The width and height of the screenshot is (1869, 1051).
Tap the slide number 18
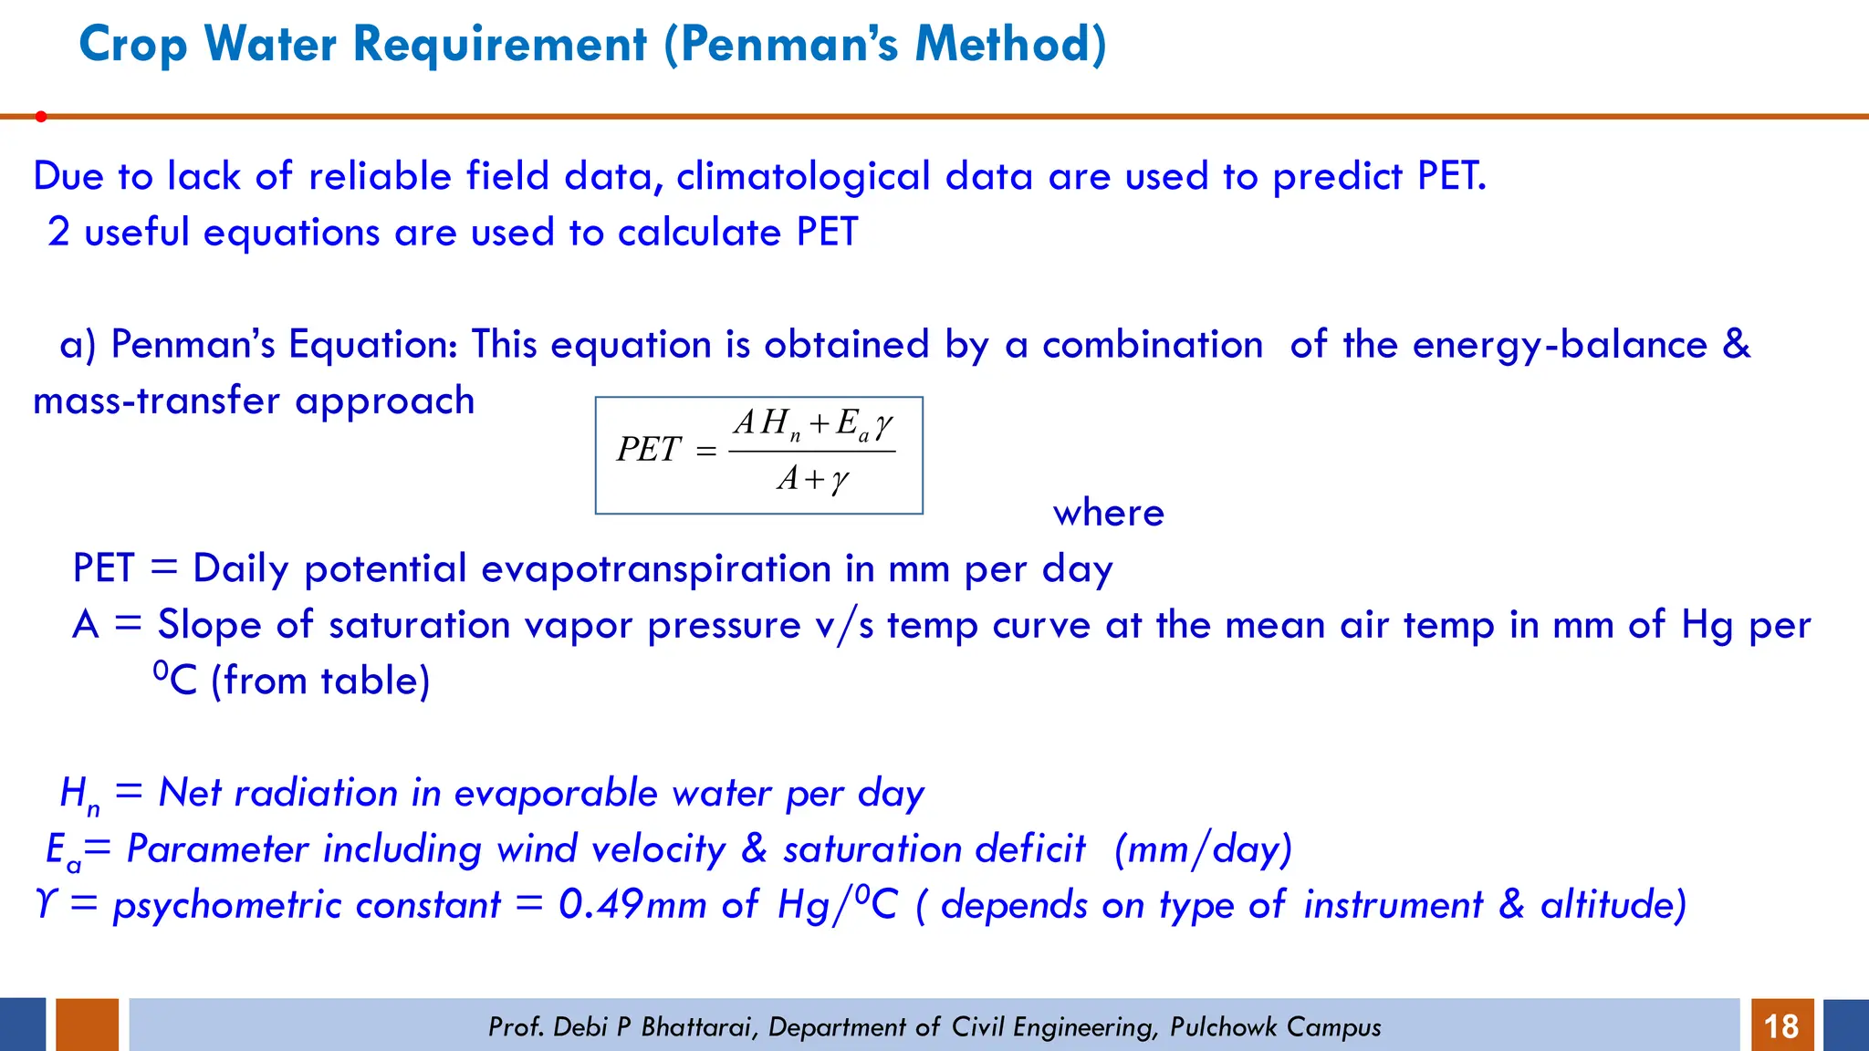coord(1780,1026)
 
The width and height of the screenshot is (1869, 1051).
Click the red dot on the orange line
coord(41,117)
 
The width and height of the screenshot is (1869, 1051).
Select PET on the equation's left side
coord(648,450)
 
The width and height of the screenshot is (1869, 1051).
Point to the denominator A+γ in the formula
coord(812,479)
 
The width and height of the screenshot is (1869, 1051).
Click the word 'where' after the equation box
coord(1108,513)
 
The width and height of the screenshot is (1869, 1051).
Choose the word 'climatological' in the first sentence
coord(803,176)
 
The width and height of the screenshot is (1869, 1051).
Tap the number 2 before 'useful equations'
coord(58,232)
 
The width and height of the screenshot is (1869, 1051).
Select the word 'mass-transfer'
coord(156,401)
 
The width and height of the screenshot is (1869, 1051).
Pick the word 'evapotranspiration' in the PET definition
coord(655,568)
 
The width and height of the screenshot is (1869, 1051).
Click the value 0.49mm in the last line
coord(632,905)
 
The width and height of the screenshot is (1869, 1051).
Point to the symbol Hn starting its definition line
coord(78,794)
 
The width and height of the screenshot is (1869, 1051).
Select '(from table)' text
coord(320,681)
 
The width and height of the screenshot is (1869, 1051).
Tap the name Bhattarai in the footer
coord(697,1027)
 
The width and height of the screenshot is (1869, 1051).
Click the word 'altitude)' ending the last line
coord(1613,905)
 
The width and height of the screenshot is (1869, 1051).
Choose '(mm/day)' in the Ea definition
coord(1202,849)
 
